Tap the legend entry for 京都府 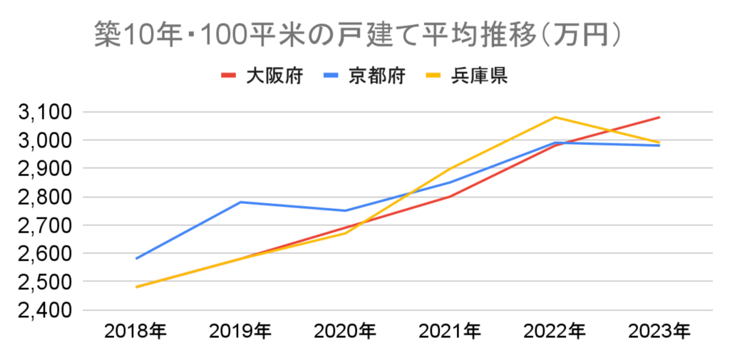coord(377,75)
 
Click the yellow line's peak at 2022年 coord(555,117)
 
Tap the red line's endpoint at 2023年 coord(659,117)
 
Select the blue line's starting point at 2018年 coord(136,258)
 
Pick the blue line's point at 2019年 coord(241,202)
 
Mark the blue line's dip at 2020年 coord(346,210)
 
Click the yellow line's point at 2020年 coord(346,233)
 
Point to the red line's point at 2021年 coord(451,196)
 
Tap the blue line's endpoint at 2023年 coord(659,145)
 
